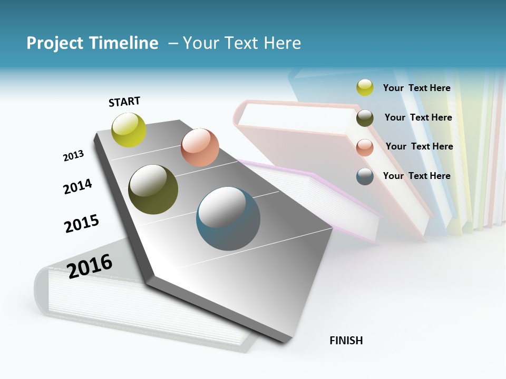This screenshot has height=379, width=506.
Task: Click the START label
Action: (x=124, y=102)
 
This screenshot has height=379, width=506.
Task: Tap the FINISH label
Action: (x=346, y=341)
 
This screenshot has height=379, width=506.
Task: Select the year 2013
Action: (x=73, y=156)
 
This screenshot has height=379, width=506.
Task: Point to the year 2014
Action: (x=77, y=186)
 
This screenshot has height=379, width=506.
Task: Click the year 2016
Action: (x=90, y=266)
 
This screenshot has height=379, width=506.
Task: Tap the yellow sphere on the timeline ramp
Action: (x=129, y=129)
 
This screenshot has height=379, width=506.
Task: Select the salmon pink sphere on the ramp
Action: (x=200, y=147)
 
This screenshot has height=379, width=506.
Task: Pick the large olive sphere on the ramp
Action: (x=153, y=189)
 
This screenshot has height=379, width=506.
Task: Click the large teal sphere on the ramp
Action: (x=228, y=218)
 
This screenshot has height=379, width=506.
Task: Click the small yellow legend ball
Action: (x=365, y=87)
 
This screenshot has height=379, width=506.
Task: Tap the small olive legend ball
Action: (x=365, y=118)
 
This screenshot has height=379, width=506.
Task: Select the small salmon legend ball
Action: (x=365, y=147)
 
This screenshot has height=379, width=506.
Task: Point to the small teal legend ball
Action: (x=365, y=176)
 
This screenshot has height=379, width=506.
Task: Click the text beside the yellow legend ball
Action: (x=416, y=88)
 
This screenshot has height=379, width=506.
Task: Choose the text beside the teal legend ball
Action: (x=416, y=176)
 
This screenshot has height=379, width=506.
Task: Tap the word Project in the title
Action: (x=55, y=43)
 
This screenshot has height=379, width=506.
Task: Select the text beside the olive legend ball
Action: (x=418, y=117)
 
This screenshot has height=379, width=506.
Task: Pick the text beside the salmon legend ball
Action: (x=419, y=146)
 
